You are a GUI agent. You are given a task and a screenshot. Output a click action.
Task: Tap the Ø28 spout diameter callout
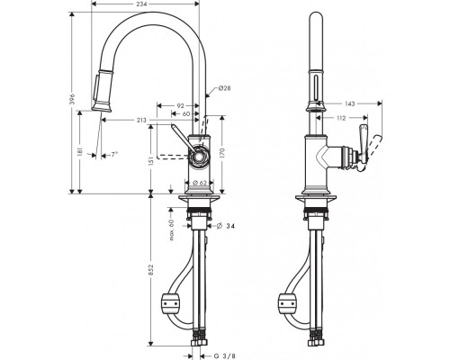(x=224, y=88)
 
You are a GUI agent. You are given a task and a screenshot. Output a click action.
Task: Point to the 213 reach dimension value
(x=141, y=121)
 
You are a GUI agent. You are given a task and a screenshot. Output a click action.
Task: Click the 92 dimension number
(x=180, y=105)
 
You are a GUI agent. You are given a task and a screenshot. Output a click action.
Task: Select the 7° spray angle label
(x=114, y=155)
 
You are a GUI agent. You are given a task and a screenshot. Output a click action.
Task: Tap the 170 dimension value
(x=222, y=152)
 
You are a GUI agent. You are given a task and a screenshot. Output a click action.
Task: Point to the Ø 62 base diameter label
(x=200, y=183)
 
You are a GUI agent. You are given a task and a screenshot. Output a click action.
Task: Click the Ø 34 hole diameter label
(x=226, y=226)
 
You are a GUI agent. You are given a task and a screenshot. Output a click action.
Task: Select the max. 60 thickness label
(x=172, y=230)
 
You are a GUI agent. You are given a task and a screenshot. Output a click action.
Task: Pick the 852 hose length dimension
(x=151, y=270)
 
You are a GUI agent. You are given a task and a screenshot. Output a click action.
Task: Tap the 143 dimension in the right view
(x=350, y=103)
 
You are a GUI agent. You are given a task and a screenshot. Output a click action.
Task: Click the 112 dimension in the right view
(x=341, y=118)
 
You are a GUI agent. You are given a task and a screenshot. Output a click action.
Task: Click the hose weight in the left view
(x=171, y=304)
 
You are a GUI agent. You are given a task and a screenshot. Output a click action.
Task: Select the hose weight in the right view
(x=289, y=304)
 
